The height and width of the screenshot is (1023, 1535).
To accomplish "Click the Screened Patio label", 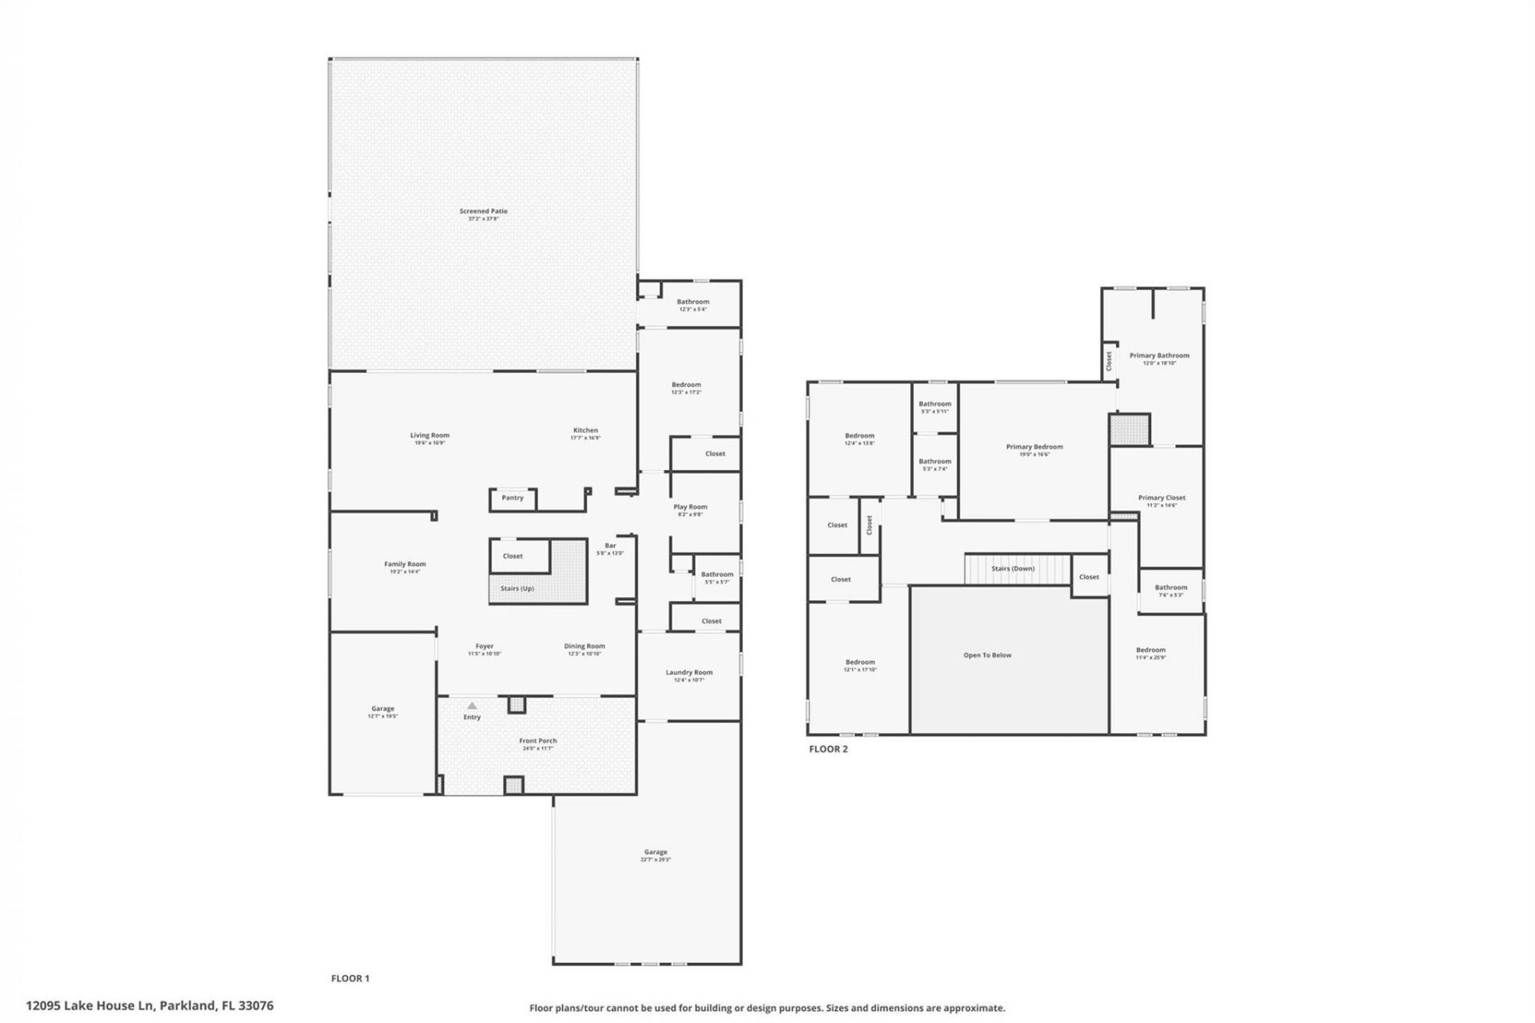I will [x=483, y=212].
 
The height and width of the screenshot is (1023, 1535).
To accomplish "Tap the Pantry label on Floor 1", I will [x=512, y=498].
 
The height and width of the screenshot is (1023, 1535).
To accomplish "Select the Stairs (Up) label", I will [x=516, y=589].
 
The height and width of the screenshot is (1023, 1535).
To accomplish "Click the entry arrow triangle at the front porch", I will [x=472, y=706].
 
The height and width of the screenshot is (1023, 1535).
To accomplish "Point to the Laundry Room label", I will [x=688, y=673].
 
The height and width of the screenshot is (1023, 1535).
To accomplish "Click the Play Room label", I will [x=690, y=508].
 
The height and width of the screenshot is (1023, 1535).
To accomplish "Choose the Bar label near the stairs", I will [x=610, y=546].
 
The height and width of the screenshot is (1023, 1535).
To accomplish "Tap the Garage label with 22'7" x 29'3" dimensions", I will [x=655, y=853].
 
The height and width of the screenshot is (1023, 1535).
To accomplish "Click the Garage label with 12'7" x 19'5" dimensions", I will [x=382, y=709].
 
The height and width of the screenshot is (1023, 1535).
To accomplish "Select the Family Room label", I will [x=405, y=564].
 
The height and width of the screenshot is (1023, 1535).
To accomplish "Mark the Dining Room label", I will [x=584, y=647].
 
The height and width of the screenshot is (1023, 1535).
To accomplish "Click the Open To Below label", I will [x=987, y=655].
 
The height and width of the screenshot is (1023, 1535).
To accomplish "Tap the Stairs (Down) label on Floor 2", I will [x=1013, y=569].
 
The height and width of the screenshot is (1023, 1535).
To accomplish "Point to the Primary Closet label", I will [x=1162, y=498].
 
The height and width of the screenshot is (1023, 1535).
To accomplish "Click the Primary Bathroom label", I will [x=1159, y=356].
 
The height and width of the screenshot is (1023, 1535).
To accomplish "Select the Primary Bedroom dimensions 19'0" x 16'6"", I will [x=1035, y=455].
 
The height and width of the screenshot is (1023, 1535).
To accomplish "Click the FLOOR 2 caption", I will [x=828, y=750].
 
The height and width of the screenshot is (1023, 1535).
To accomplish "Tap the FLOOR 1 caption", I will [x=350, y=978].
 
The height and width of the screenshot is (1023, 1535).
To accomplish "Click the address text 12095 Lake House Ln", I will [x=90, y=1005].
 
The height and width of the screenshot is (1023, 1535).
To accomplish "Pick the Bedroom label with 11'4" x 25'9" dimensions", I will [x=1150, y=651].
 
